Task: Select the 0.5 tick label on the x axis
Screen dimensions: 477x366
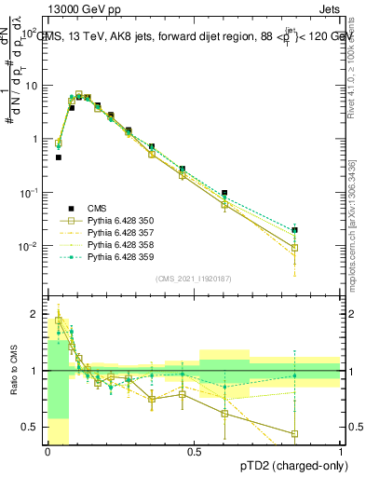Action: pos(195,451)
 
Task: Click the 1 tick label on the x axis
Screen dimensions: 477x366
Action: pos(341,451)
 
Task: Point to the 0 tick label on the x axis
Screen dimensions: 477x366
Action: pos(47,451)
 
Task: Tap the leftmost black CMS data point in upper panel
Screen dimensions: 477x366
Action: pos(58,157)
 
